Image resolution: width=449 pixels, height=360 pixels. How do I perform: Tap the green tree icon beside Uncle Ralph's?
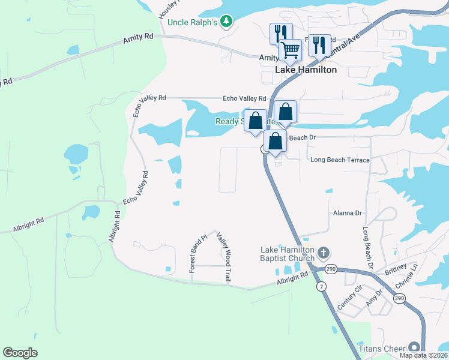(226, 22)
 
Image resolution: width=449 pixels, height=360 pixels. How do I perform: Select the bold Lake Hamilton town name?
(306, 70)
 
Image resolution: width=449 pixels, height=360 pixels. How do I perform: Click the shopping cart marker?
(291, 49)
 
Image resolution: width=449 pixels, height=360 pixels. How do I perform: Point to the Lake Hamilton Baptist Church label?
(288, 254)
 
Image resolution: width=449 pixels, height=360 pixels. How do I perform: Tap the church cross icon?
(324, 252)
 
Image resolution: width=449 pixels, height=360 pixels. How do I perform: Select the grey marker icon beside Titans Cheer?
(414, 347)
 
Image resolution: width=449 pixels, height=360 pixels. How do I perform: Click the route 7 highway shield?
(322, 287)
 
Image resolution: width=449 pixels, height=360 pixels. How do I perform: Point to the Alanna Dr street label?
(348, 213)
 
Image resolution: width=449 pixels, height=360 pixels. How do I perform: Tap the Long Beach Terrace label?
(340, 160)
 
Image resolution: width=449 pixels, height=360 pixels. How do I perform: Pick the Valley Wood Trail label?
(224, 257)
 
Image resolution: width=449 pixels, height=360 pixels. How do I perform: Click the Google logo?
(20, 353)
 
